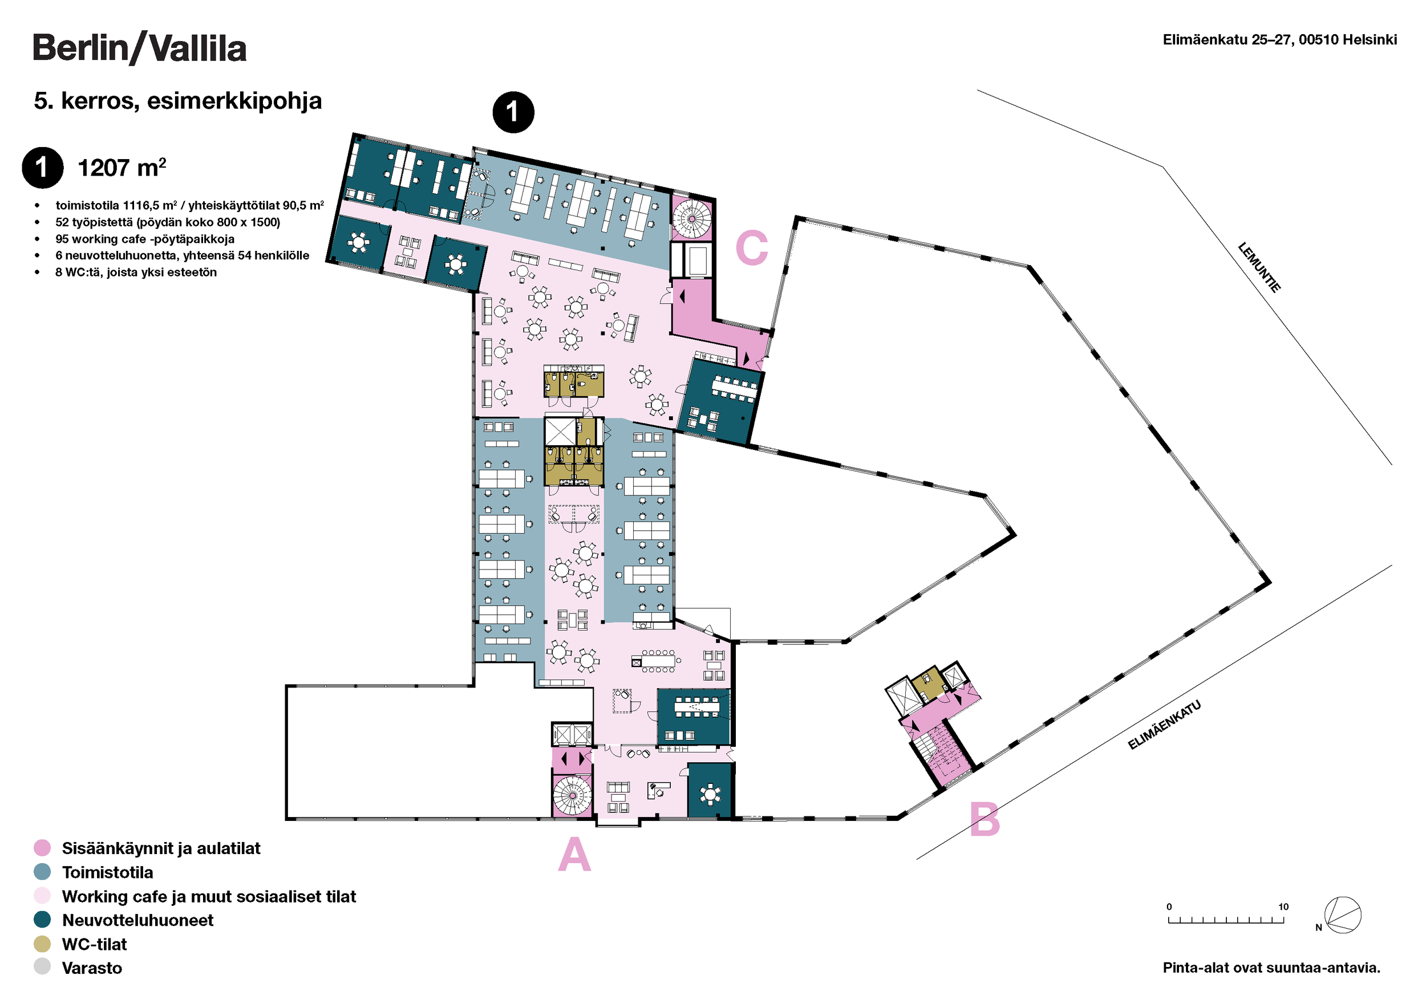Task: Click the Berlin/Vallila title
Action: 139,48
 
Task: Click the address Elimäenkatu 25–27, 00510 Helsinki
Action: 1279,40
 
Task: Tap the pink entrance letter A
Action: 574,854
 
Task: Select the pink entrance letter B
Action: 985,819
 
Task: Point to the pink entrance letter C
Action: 752,247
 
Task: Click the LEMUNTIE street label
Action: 1259,267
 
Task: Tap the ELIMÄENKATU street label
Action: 1164,725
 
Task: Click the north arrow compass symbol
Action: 1342,915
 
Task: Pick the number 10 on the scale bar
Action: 1283,907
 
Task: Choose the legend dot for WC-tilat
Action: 42,944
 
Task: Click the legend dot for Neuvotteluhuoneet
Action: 42,920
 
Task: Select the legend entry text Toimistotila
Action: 107,872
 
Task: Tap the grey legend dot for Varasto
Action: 42,967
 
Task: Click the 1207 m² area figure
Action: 121,168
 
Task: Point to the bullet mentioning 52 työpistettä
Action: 168,222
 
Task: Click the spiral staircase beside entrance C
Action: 691,218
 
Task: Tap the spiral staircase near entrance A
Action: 572,796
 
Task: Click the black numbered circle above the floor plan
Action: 513,112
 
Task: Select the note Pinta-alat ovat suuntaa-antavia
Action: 1271,968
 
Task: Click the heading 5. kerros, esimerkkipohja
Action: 177,100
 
